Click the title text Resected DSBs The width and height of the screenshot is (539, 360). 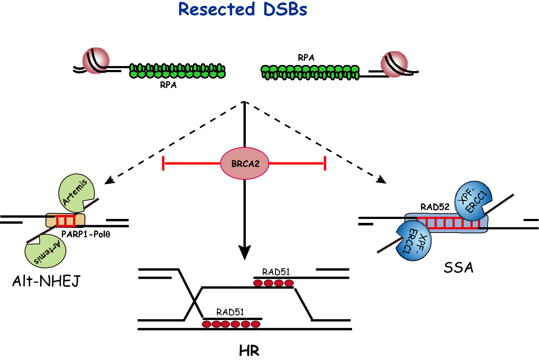(x=243, y=9)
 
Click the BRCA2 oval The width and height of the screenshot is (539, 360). (x=245, y=164)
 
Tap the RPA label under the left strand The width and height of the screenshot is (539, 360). (x=168, y=85)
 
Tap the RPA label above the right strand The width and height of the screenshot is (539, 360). (x=306, y=58)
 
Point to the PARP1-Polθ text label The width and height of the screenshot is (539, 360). (x=86, y=234)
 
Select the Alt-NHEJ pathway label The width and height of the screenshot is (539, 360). (x=46, y=281)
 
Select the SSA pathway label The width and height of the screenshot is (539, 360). (x=459, y=268)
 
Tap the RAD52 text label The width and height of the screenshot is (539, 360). (x=435, y=207)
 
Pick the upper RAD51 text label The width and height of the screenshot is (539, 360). (x=276, y=272)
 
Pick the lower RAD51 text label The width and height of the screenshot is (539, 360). (x=230, y=312)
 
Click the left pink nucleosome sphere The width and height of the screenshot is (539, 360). (x=96, y=60)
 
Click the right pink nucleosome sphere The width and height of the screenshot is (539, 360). (x=394, y=64)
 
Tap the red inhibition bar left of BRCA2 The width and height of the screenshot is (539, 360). (x=164, y=164)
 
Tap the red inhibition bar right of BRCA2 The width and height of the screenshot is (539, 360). (x=325, y=164)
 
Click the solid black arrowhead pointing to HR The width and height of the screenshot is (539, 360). (x=245, y=252)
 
